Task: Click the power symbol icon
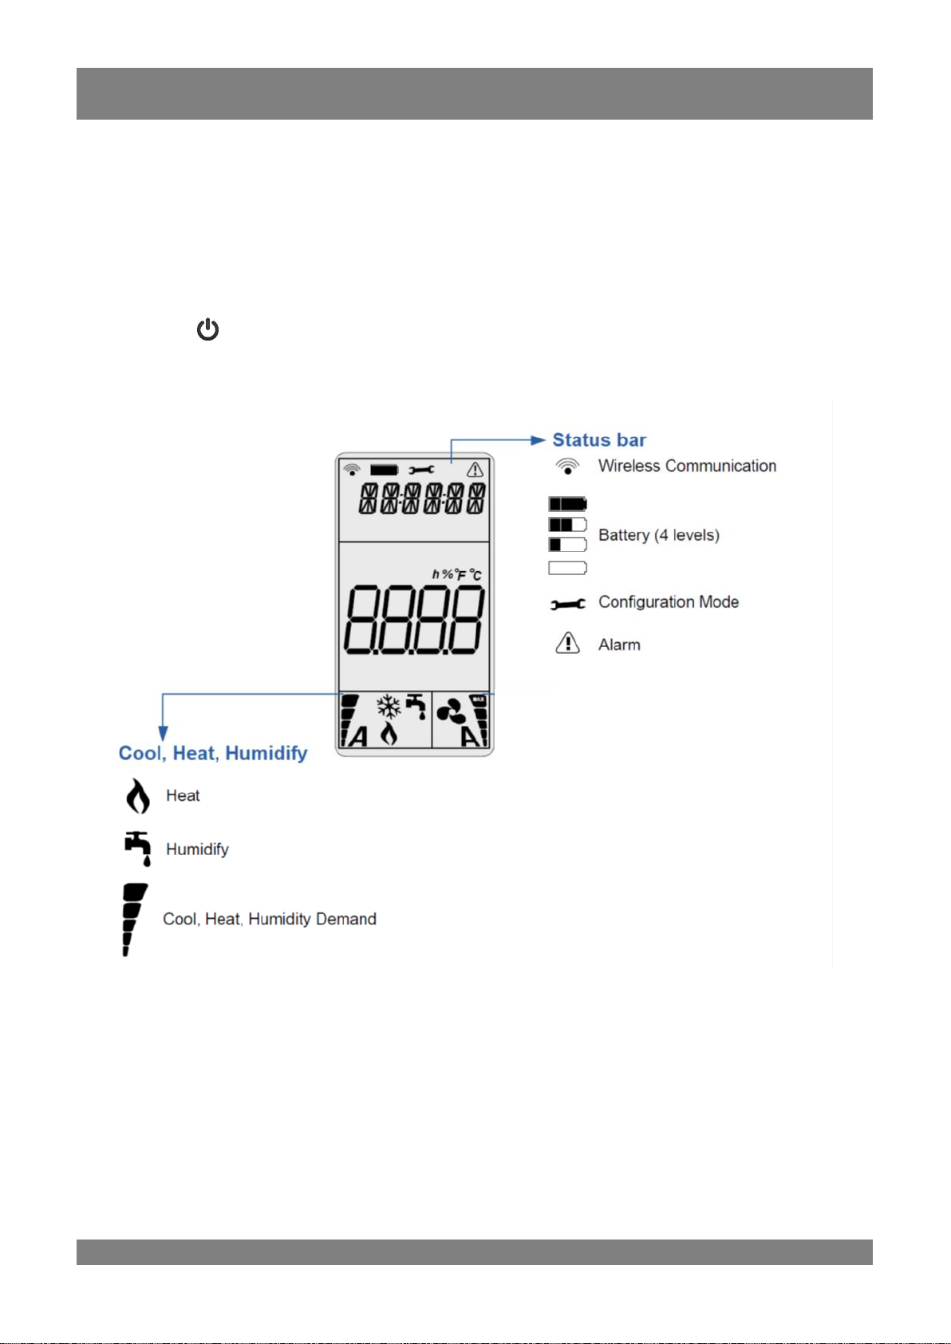(x=208, y=329)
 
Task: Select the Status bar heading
(x=599, y=440)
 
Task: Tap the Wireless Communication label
(x=687, y=466)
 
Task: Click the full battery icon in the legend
(x=567, y=504)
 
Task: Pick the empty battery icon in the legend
(x=567, y=568)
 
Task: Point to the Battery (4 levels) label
(x=659, y=535)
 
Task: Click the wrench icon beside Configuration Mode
(x=567, y=604)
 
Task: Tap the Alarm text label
(x=619, y=645)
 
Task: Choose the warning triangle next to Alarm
(x=567, y=643)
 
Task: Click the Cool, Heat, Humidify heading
(x=213, y=753)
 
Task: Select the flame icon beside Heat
(x=138, y=796)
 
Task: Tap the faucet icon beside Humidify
(x=138, y=849)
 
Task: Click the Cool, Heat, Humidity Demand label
(x=270, y=919)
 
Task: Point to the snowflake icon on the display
(x=389, y=707)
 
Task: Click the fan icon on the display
(x=452, y=711)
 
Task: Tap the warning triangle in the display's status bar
(x=475, y=470)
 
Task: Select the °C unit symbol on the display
(x=475, y=575)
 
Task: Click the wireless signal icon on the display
(x=351, y=470)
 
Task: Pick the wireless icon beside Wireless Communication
(x=567, y=467)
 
